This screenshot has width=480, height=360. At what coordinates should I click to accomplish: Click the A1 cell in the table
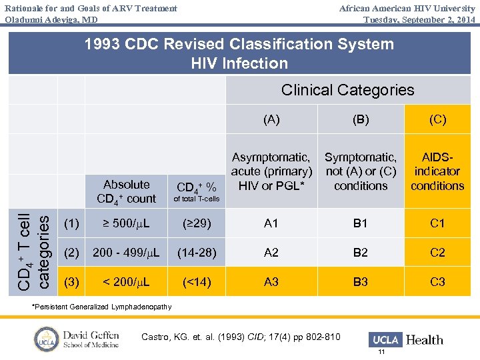(x=271, y=223)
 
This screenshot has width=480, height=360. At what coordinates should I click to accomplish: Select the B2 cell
(x=360, y=253)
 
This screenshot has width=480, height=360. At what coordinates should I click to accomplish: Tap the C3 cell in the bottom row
(x=437, y=282)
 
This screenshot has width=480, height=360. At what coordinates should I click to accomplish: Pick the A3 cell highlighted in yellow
(x=271, y=282)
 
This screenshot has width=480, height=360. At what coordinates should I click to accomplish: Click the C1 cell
(x=437, y=223)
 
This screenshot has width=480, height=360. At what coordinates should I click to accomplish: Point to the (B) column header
(x=360, y=120)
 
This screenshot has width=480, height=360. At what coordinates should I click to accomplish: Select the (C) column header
(x=437, y=120)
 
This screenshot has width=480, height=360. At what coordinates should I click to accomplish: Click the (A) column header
(x=271, y=120)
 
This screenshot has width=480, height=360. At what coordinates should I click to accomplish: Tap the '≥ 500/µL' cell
(x=126, y=223)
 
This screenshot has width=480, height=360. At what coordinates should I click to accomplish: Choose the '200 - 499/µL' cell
(x=126, y=253)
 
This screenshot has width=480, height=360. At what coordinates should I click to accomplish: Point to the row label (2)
(x=71, y=253)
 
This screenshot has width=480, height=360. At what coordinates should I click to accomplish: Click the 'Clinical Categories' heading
(x=347, y=90)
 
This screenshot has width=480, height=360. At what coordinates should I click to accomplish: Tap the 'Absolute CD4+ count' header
(x=126, y=191)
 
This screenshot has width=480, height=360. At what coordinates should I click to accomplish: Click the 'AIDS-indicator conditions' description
(x=437, y=171)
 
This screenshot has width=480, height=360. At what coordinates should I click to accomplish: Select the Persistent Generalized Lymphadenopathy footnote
(x=102, y=307)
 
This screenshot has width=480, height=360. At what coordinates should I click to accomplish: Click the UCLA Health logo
(x=406, y=339)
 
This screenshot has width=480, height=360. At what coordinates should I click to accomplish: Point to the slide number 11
(x=381, y=352)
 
